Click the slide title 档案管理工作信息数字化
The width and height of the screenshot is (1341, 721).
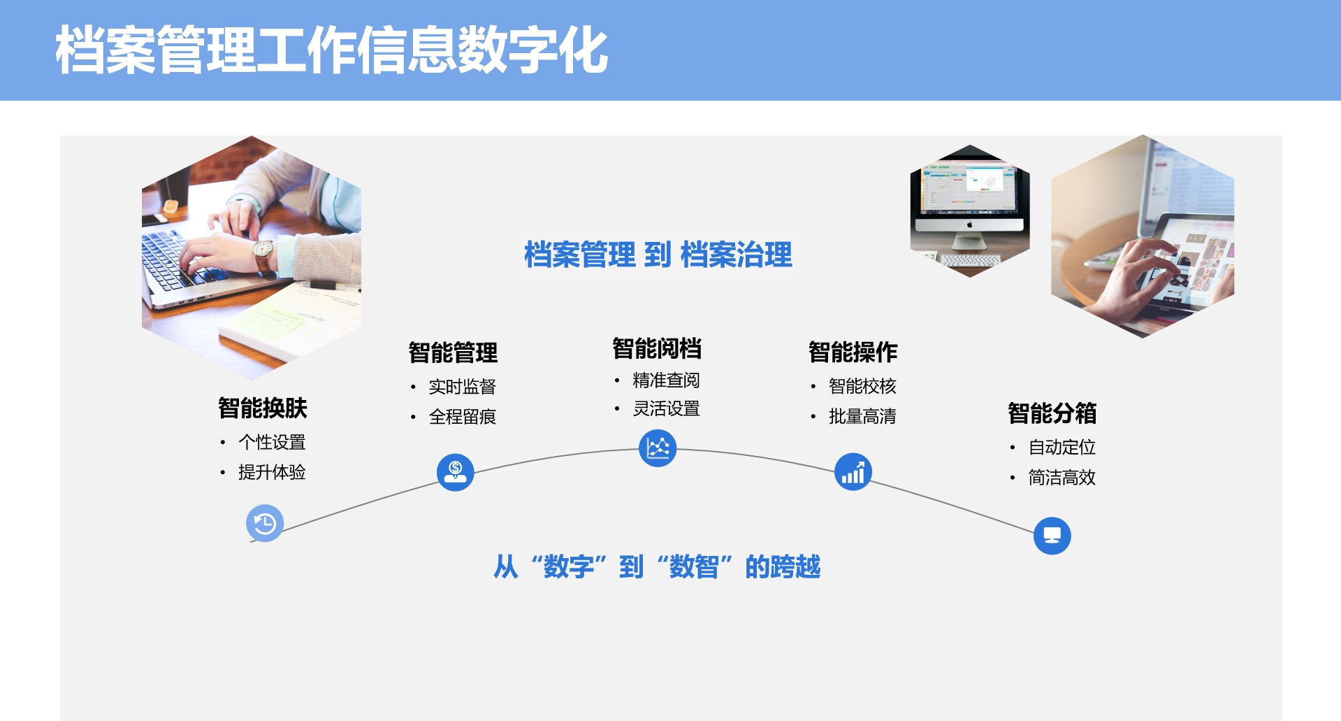331,50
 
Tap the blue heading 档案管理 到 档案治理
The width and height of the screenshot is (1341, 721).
658,255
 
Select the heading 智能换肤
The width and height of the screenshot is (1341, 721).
262,408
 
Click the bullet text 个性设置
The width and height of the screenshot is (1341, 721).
272,442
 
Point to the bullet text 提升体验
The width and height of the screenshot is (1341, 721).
272,472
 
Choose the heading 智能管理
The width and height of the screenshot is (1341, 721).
453,352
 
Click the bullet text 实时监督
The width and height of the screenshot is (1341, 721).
462,387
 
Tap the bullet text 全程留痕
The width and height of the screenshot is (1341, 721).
462,417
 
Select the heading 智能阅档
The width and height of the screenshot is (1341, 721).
657,348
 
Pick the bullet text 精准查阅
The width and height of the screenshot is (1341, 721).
666,380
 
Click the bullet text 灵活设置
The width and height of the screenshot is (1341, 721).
666,408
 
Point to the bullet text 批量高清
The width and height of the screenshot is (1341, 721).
862,416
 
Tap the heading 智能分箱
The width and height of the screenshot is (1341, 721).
1052,413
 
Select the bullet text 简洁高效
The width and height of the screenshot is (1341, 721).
1061,478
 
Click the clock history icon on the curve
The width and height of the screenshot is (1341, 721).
265,523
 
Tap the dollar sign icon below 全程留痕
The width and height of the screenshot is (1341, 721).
456,472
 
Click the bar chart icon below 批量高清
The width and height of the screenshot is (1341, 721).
853,471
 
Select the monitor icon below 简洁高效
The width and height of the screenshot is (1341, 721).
1052,536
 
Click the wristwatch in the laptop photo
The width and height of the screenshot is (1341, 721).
263,254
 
